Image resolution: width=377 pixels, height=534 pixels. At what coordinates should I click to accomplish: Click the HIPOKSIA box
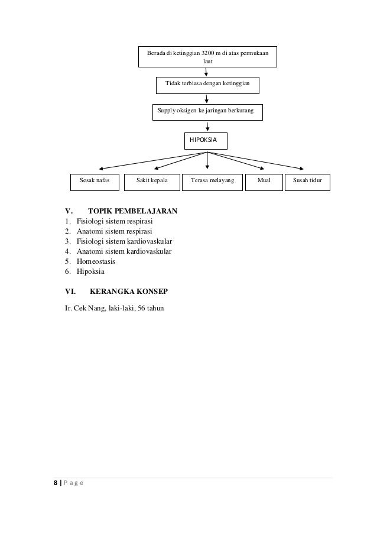pyautogui.click(x=206, y=141)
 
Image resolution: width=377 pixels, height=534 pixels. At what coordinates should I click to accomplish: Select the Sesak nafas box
pyautogui.click(x=95, y=182)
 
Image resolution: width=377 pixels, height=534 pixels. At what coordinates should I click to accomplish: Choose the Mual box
pyautogui.click(x=263, y=182)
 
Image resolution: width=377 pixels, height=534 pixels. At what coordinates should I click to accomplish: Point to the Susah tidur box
pyautogui.click(x=307, y=182)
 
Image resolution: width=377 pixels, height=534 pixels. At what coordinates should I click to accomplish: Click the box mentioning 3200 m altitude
pyautogui.click(x=207, y=57)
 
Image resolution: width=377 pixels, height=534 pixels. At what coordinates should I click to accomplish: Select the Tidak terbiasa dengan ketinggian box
pyautogui.click(x=207, y=85)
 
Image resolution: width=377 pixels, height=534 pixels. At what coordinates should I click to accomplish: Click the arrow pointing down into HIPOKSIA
pyautogui.click(x=207, y=127)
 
